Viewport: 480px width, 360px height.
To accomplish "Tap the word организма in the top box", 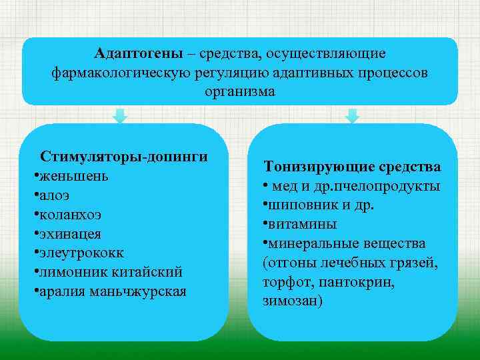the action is tap(240, 91).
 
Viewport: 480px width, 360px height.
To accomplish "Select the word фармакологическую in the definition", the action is tap(121, 72).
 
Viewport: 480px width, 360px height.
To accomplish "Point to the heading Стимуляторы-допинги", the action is tap(123, 157).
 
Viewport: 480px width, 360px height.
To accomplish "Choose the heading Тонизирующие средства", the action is tap(352, 166).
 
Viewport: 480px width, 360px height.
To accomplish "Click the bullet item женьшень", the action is tap(74, 177).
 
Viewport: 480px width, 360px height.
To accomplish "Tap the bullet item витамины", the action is tap(303, 224).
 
